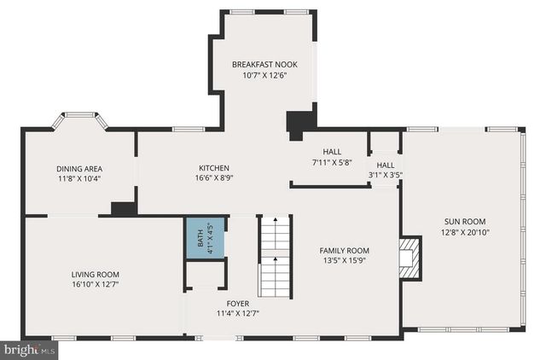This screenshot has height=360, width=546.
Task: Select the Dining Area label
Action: tap(78, 168)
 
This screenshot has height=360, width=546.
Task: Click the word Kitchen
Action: tap(214, 167)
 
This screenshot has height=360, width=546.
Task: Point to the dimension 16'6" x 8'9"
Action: tap(214, 178)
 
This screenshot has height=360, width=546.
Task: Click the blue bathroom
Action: tap(206, 237)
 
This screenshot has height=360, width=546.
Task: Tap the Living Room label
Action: tap(95, 274)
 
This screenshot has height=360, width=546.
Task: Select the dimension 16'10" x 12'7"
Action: tap(95, 284)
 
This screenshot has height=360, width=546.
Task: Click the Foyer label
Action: tap(238, 303)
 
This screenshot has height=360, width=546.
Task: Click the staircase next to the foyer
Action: tap(275, 256)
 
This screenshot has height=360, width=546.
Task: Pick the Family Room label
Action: tap(344, 250)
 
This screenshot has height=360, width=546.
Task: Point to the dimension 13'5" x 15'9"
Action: tap(344, 261)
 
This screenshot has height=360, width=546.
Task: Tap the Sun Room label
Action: tap(465, 220)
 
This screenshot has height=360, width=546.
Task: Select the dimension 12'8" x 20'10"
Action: tap(465, 231)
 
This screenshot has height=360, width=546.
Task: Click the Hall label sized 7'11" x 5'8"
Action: tap(332, 151)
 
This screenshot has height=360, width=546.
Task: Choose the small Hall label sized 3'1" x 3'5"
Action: tap(386, 165)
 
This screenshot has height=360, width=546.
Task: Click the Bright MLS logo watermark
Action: tap(29, 350)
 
